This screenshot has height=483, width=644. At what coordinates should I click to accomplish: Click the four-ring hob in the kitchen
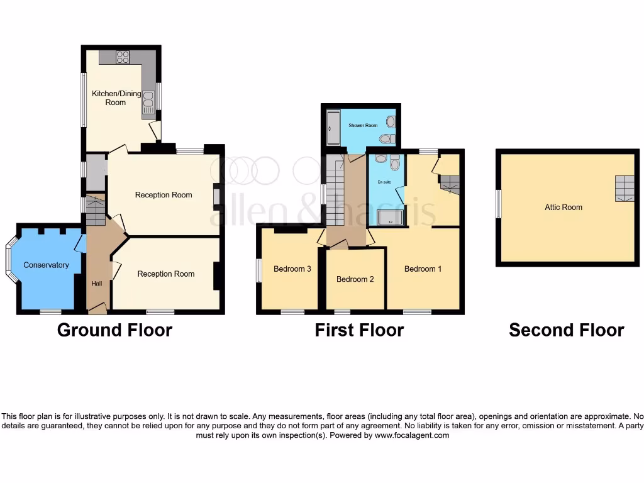coord(123,57)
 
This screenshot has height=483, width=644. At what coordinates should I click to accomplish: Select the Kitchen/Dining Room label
coord(109,97)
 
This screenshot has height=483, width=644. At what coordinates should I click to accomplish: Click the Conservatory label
coord(46,265)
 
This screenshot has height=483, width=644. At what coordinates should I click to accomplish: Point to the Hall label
coord(96,284)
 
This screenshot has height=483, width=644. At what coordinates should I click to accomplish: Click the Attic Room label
coord(563,207)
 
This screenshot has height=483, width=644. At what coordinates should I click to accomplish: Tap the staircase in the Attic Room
coord(625,187)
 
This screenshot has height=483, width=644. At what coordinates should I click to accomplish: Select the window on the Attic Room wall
coord(499,204)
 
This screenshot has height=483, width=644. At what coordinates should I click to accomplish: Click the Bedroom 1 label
coord(423,269)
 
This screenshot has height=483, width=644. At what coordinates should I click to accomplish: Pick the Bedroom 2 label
coord(355,279)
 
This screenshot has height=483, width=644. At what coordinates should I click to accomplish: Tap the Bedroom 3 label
coord(292,269)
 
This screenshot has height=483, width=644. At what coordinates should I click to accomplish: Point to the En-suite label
coord(384,182)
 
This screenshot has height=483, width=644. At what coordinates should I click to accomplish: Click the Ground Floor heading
coord(114,330)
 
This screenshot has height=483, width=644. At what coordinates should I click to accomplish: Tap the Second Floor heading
coord(566,330)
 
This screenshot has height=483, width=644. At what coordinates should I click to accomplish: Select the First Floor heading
coord(359,330)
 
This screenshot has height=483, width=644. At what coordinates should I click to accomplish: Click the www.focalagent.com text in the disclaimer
coord(412,435)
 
